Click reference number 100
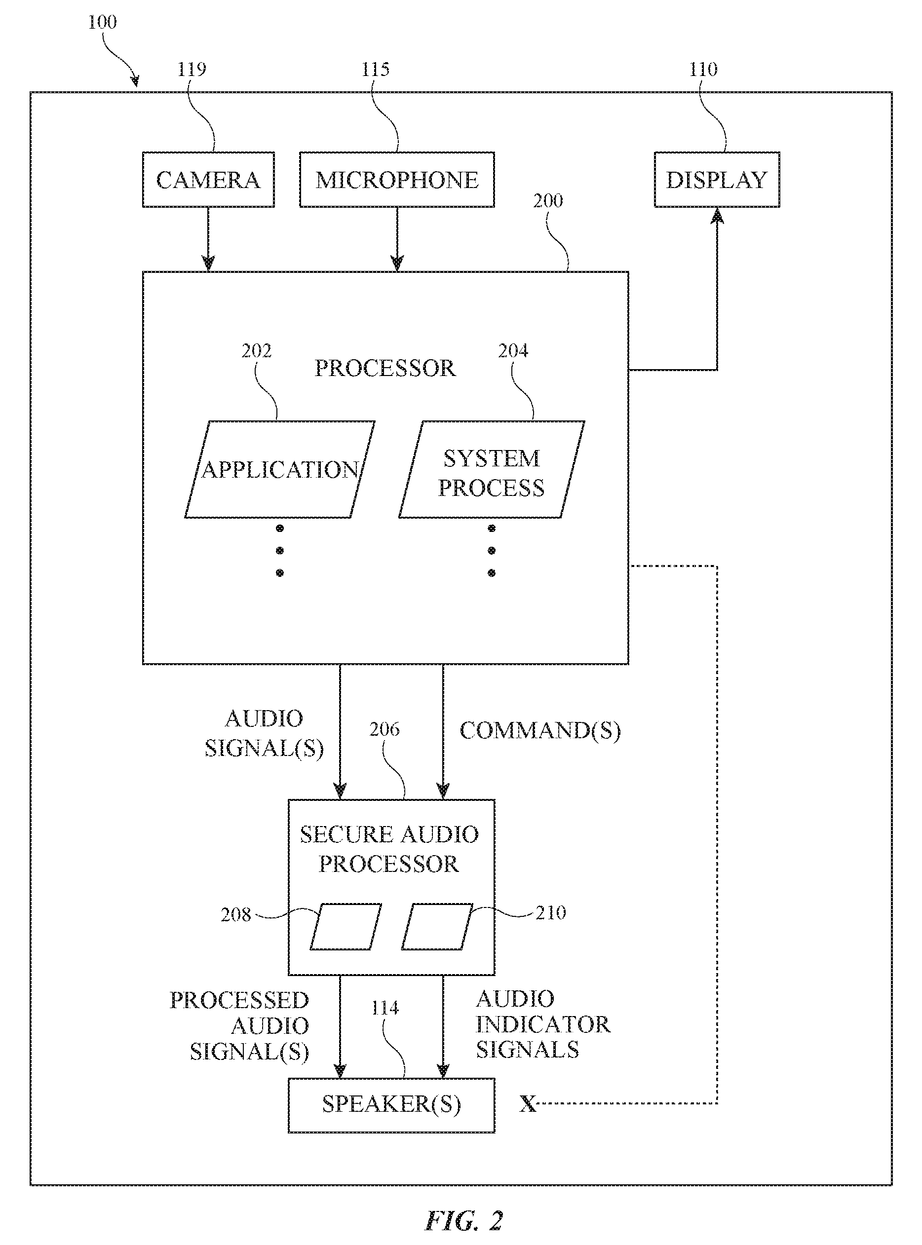(102, 22)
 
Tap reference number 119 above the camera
(192, 69)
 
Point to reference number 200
(547, 201)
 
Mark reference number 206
(384, 729)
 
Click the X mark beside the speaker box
(528, 1104)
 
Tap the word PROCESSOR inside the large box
(385, 368)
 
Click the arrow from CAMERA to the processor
(208, 239)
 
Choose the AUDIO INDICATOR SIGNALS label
(543, 1024)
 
